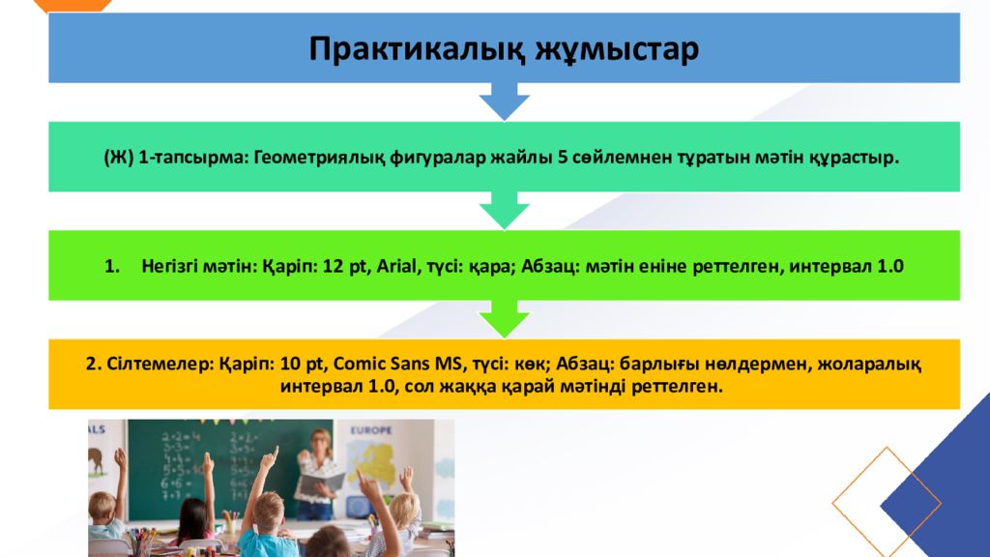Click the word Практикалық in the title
point(417,49)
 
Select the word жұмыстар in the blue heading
point(618,49)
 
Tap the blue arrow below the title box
point(504,101)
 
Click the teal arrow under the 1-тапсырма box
point(504,210)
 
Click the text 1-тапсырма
point(193,158)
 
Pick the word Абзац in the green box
point(550,266)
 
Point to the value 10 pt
point(302,365)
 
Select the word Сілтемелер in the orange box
point(160,365)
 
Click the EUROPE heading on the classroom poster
point(371,430)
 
